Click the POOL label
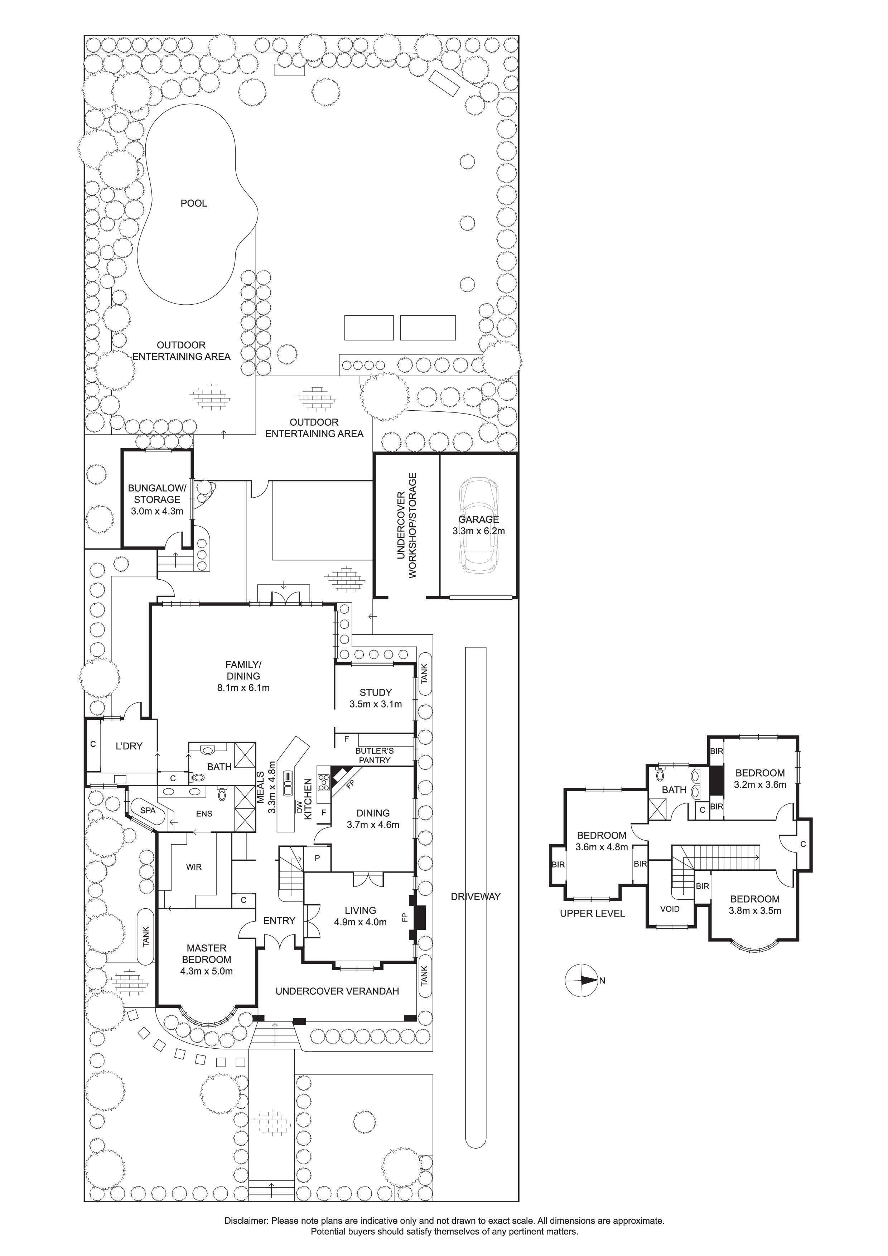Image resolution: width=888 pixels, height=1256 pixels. (x=194, y=203)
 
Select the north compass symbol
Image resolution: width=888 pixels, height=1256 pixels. (x=581, y=980)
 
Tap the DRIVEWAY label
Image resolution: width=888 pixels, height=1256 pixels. (x=476, y=897)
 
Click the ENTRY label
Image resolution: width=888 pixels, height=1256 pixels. (x=279, y=921)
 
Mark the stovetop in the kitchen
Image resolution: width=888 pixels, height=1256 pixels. (x=323, y=780)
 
